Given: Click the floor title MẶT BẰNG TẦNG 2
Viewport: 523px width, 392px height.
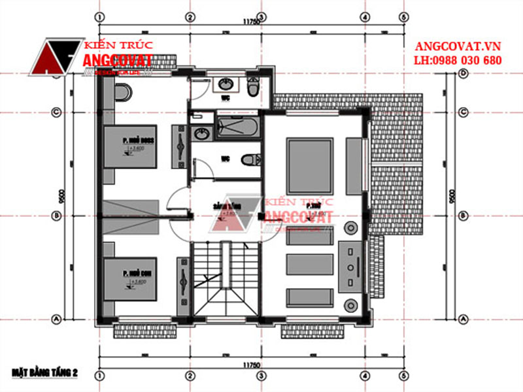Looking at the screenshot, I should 44,372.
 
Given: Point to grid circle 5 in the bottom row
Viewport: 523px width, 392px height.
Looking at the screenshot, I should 404,376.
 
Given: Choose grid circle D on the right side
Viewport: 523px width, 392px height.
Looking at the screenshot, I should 463,74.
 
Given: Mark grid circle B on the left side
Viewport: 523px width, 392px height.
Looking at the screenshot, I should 56,216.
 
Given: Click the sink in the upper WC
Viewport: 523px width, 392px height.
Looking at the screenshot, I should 225,84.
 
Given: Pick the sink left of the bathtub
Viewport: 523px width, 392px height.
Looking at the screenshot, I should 201,134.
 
